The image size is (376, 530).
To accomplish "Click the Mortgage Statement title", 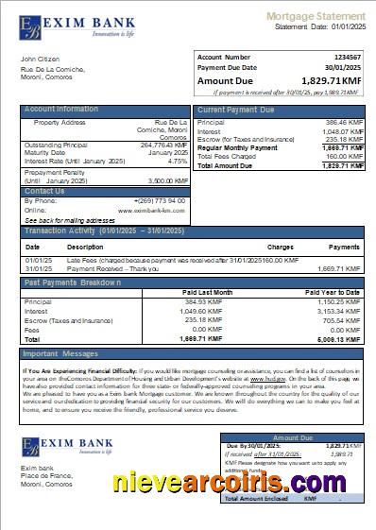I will (316, 16).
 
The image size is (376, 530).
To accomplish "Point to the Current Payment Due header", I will (237, 110).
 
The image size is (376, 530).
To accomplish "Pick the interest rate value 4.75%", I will (177, 162).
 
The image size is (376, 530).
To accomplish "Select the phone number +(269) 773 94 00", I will (159, 200).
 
